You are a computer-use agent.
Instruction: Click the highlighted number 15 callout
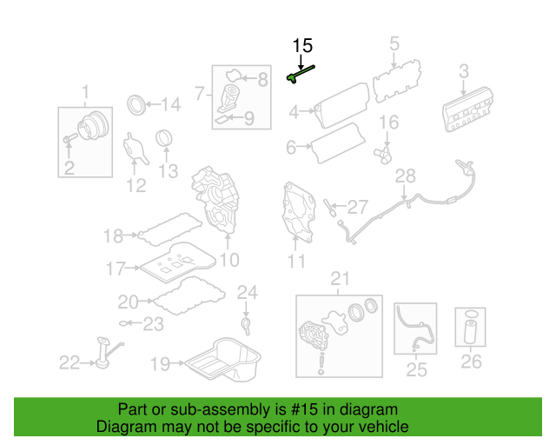point(302,46)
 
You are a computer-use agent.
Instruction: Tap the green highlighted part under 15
point(299,75)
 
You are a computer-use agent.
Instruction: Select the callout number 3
point(463,71)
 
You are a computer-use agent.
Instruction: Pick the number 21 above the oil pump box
point(339,278)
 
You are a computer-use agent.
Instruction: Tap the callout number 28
point(406,176)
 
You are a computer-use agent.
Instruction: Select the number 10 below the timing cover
point(228,259)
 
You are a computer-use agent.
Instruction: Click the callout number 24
point(248,292)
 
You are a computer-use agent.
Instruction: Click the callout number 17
point(116,269)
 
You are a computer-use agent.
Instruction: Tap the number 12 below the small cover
point(136,184)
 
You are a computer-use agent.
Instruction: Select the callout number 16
point(387,122)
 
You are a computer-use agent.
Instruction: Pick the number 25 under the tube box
point(417,371)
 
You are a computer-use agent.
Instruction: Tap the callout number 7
point(199,92)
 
